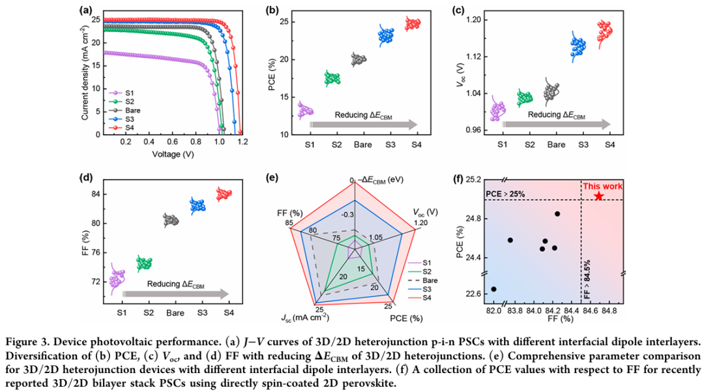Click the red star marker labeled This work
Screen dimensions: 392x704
(x=598, y=196)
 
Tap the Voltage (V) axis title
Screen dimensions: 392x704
(x=174, y=155)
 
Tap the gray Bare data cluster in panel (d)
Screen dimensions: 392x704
(x=171, y=220)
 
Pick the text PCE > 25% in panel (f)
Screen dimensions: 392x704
(x=506, y=194)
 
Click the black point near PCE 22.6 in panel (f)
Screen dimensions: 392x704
(x=493, y=289)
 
